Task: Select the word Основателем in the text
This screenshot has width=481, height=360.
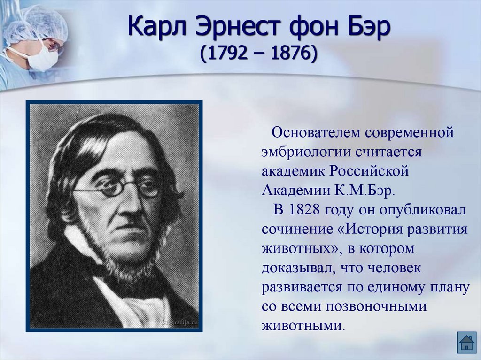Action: click(317, 133)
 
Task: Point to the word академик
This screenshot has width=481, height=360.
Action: click(290, 171)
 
